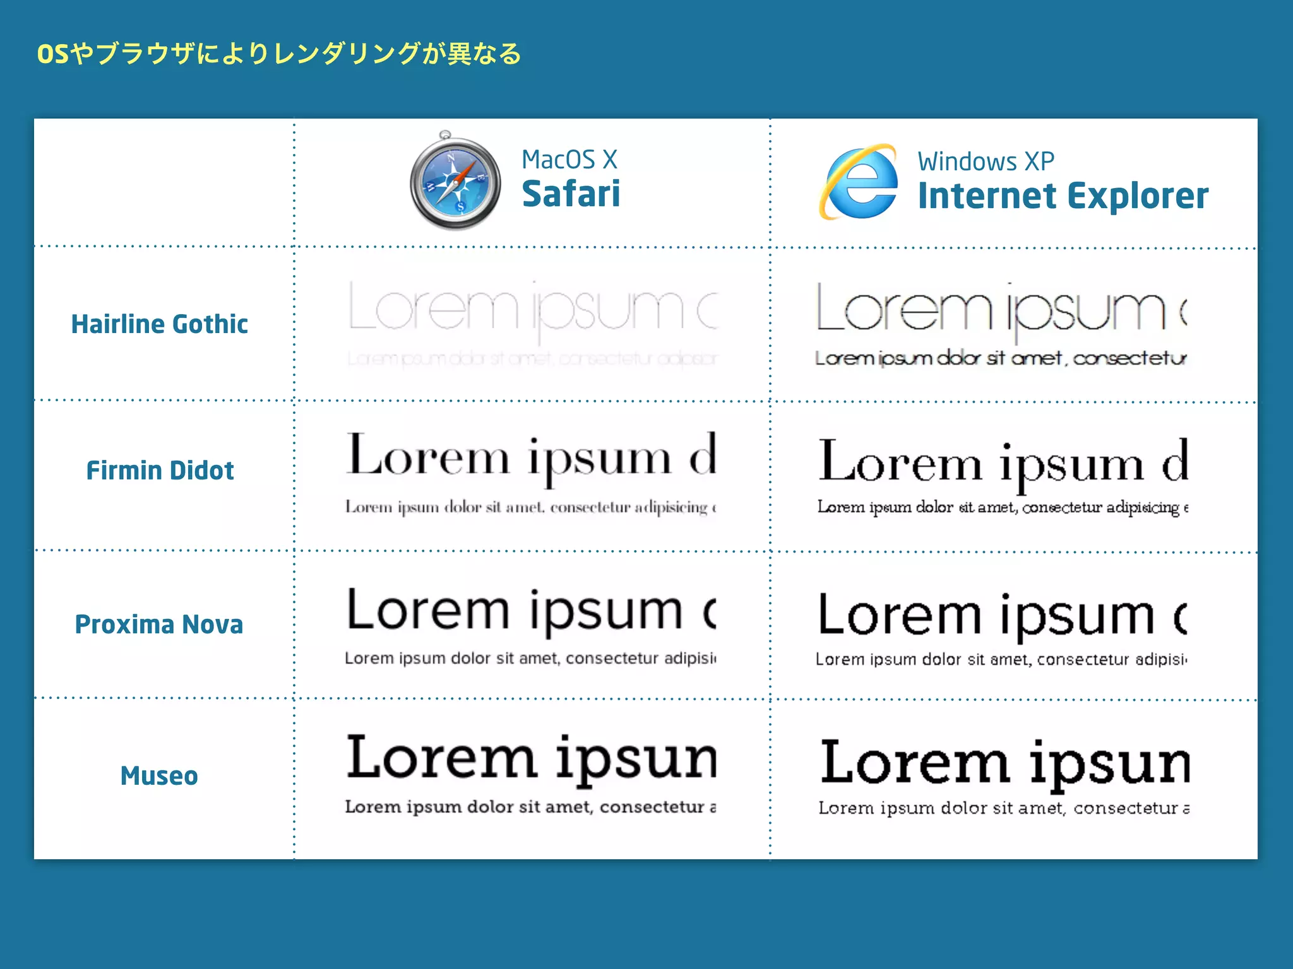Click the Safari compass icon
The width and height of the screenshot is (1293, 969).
[455, 181]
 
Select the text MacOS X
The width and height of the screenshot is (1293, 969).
[569, 160]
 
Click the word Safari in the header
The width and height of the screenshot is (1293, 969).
[571, 194]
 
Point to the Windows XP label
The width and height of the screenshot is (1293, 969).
[986, 161]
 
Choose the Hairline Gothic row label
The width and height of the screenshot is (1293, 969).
[159, 324]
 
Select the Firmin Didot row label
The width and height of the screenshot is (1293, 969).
[160, 471]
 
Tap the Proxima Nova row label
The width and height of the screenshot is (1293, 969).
[159, 625]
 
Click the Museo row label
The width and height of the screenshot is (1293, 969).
[159, 776]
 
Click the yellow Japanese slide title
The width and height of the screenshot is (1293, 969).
[279, 54]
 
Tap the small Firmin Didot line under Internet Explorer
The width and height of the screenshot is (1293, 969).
[1003, 507]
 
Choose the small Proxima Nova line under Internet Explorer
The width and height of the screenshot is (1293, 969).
[1001, 659]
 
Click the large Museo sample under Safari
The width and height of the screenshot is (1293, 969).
[532, 758]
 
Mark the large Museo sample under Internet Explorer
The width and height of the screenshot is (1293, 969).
[1004, 763]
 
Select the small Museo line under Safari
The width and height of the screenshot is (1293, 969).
[530, 807]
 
